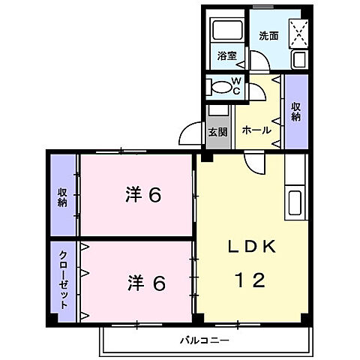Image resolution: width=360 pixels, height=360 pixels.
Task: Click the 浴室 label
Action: (227, 55)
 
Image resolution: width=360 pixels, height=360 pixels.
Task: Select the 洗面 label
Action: (268, 35)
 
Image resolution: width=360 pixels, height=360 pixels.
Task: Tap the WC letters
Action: (236, 85)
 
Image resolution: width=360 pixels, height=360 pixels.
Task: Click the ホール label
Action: (256, 130)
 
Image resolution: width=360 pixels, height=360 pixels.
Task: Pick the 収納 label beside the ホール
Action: (296, 111)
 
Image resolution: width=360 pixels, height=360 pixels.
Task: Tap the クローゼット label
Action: (64, 280)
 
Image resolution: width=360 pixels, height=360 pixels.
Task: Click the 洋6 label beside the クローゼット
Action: (145, 284)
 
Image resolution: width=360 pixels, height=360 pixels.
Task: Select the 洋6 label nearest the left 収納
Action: (144, 195)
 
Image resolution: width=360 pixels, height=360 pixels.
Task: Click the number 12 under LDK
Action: (248, 281)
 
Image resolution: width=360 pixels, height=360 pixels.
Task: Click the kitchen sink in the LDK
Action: (295, 202)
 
